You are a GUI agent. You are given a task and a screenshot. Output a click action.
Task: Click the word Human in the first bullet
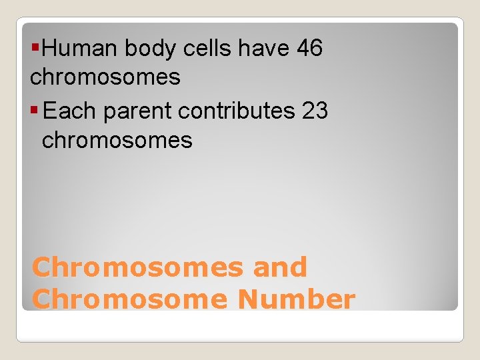79,49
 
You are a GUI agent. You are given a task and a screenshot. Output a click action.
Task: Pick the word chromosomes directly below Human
105,78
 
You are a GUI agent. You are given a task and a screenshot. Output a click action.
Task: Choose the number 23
315,111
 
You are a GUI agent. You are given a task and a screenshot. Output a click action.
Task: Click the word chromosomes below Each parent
117,141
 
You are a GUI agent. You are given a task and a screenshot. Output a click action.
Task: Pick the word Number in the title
297,299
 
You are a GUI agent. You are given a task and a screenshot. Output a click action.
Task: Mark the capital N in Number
249,299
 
